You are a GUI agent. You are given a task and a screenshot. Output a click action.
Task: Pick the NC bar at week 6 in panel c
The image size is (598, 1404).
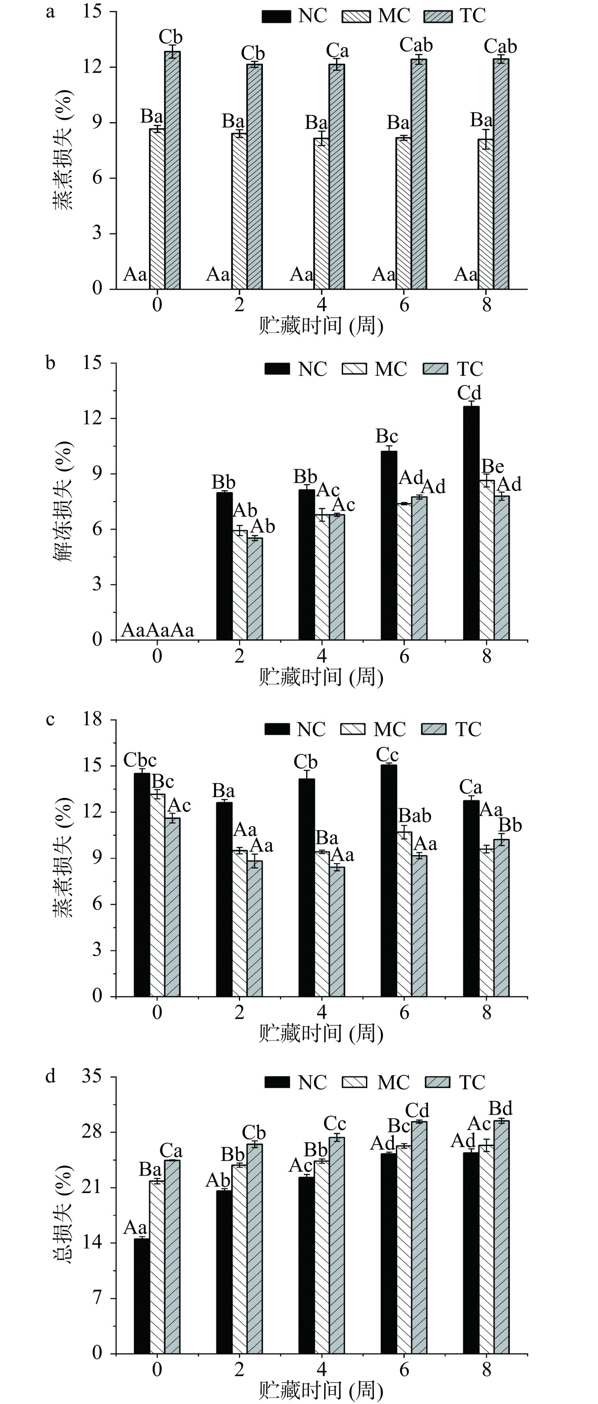[389, 881]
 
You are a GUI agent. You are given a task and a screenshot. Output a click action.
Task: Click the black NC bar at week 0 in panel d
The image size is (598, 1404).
[141, 1297]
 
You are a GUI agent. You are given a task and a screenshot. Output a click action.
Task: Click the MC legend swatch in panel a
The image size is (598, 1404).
[355, 16]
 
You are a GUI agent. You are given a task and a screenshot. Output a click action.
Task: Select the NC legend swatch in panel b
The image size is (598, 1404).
[277, 369]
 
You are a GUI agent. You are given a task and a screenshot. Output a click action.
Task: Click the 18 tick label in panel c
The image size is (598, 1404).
[93, 720]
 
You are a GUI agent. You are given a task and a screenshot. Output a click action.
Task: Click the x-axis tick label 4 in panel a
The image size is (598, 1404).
[322, 304]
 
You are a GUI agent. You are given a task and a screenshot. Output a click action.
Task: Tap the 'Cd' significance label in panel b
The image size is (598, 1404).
[469, 392]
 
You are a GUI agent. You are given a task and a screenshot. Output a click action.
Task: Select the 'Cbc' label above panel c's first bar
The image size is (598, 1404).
[140, 760]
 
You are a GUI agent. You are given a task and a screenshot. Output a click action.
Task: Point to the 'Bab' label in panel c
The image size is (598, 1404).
[415, 816]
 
